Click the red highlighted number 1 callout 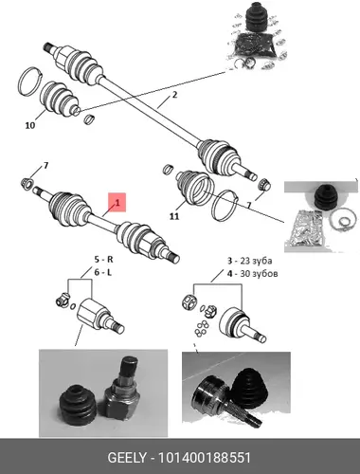click(x=117, y=202)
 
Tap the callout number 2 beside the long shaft click(x=174, y=95)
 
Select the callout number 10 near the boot click(x=30, y=125)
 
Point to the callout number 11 click(x=174, y=216)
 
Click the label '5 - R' click(x=104, y=260)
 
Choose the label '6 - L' click(x=103, y=272)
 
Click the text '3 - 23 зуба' click(x=250, y=261)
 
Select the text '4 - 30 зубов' click(x=253, y=273)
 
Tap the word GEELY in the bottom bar click(x=127, y=458)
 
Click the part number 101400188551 click(x=205, y=458)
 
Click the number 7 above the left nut click(x=45, y=165)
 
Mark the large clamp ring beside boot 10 click(x=30, y=82)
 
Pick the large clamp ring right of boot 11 click(x=225, y=205)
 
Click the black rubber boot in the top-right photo click(x=257, y=18)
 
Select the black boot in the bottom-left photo click(x=78, y=404)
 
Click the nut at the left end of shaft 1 click(x=27, y=184)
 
